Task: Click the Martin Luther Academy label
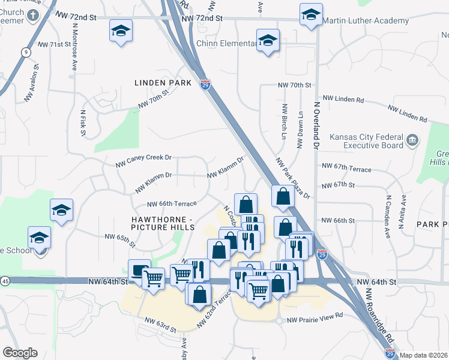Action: (x=366, y=21)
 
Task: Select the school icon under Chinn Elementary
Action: (x=268, y=41)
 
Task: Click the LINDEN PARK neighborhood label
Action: (x=163, y=83)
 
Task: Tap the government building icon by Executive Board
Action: (x=412, y=141)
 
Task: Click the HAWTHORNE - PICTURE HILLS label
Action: (x=163, y=223)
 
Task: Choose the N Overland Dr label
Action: (x=316, y=124)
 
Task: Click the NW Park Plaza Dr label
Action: (x=292, y=178)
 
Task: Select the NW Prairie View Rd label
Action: (x=314, y=315)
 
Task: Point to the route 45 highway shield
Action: (x=5, y=281)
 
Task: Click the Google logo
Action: (x=20, y=352)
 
